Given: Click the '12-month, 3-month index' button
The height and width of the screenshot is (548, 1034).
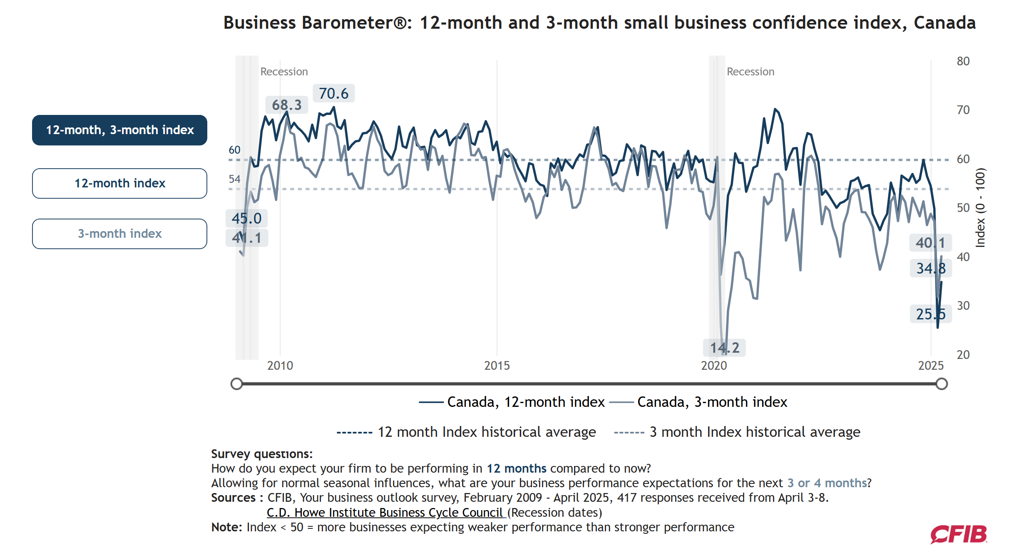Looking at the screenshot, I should point(119,130).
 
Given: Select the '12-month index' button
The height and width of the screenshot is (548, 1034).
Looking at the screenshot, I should point(119,183).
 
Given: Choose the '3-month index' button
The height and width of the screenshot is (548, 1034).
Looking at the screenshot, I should point(119,234).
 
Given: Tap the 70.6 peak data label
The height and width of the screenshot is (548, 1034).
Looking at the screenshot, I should point(333,93).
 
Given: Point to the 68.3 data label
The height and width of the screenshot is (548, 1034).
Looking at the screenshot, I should point(287,105).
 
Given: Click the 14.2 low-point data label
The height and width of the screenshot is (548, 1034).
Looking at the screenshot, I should point(724,347).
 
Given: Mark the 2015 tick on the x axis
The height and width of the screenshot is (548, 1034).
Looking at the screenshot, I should point(497,366).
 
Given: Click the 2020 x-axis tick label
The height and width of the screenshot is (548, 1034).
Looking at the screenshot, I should point(714,366).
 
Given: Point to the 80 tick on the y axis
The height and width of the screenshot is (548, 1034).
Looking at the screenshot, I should point(963,61).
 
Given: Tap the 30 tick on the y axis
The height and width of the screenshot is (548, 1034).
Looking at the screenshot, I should point(963,306).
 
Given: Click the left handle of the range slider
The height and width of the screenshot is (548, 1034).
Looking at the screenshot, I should point(236,384).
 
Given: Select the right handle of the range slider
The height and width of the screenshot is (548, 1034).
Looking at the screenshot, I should point(942,384).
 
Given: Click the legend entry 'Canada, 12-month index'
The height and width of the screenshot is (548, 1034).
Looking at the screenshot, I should point(512,402).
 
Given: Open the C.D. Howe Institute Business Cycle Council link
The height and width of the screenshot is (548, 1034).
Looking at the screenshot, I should point(385,513).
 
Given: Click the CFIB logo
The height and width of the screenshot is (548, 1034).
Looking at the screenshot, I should point(959,534).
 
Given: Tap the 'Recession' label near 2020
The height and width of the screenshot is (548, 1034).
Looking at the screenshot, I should point(751,72).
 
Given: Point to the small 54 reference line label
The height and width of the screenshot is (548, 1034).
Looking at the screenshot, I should point(234,179).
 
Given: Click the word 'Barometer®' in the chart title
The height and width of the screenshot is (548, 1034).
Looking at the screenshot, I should point(357,22).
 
